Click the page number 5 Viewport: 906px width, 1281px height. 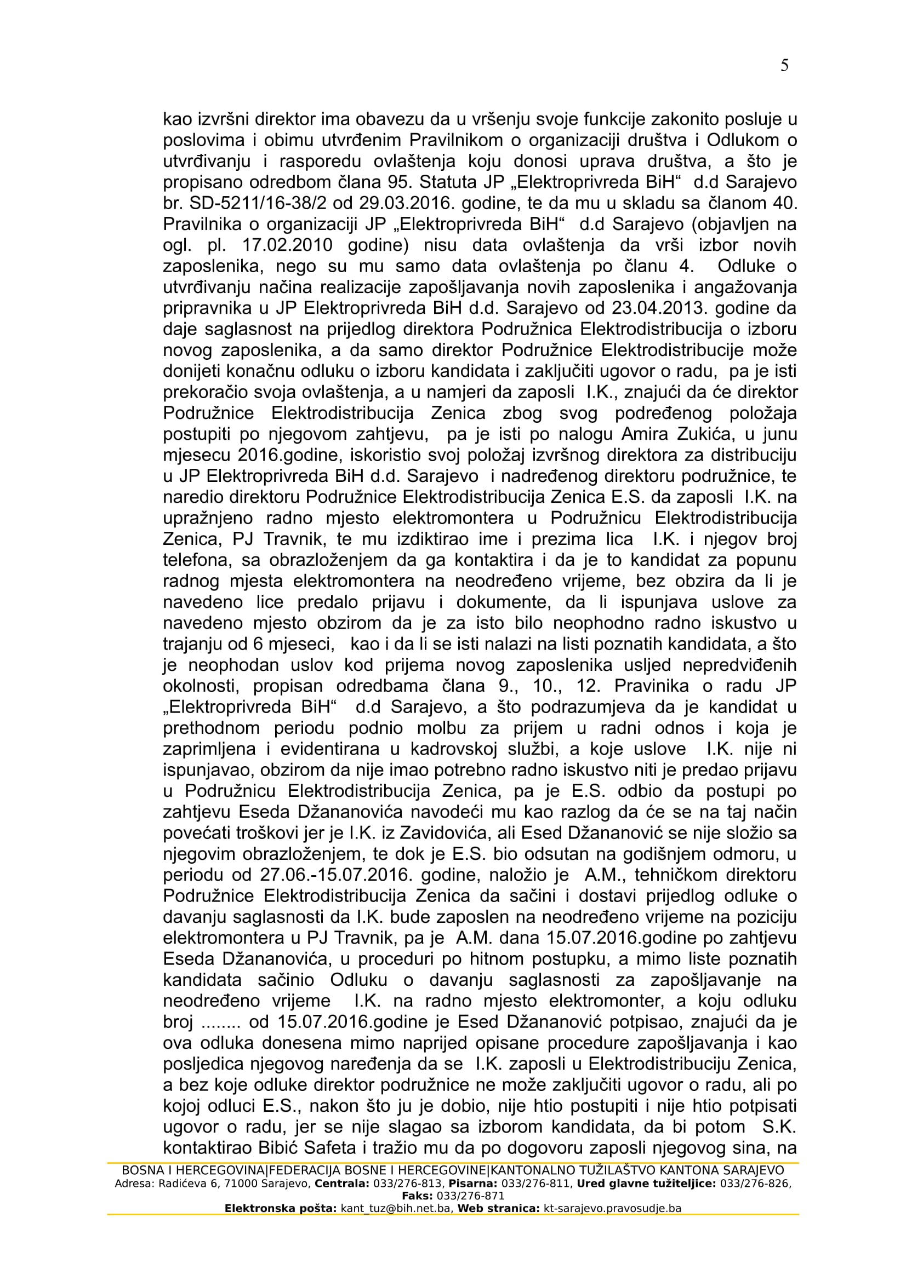pyautogui.click(x=784, y=66)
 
